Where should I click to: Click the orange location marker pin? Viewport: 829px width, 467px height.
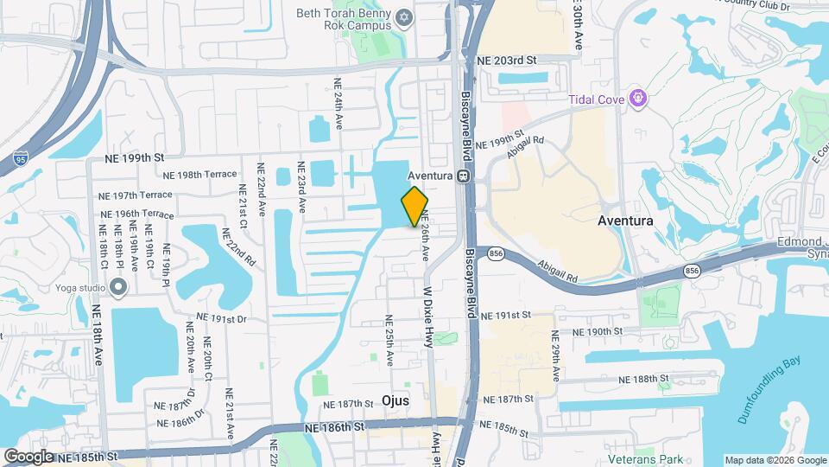pyautogui.click(x=414, y=206)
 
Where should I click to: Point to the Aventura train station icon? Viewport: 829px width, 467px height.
pyautogui.click(x=463, y=176)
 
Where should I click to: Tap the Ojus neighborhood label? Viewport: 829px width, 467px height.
pyautogui.click(x=396, y=401)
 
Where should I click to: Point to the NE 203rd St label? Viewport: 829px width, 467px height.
pyautogui.click(x=507, y=61)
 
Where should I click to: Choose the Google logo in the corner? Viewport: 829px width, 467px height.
pyautogui.click(x=28, y=456)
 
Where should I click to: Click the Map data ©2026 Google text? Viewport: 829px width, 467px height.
pyautogui.click(x=775, y=460)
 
